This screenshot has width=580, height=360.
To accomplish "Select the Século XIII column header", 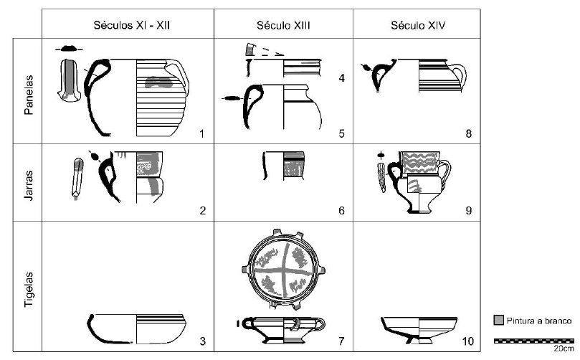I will coord(283,25).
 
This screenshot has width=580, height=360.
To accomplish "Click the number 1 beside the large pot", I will coord(202,133).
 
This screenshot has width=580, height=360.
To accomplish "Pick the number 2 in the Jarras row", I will coord(202,210).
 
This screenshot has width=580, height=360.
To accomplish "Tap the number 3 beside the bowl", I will coord(202,341).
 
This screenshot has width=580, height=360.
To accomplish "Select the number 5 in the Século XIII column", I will coord(342,133).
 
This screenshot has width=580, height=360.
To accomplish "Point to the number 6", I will coord(342,210).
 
